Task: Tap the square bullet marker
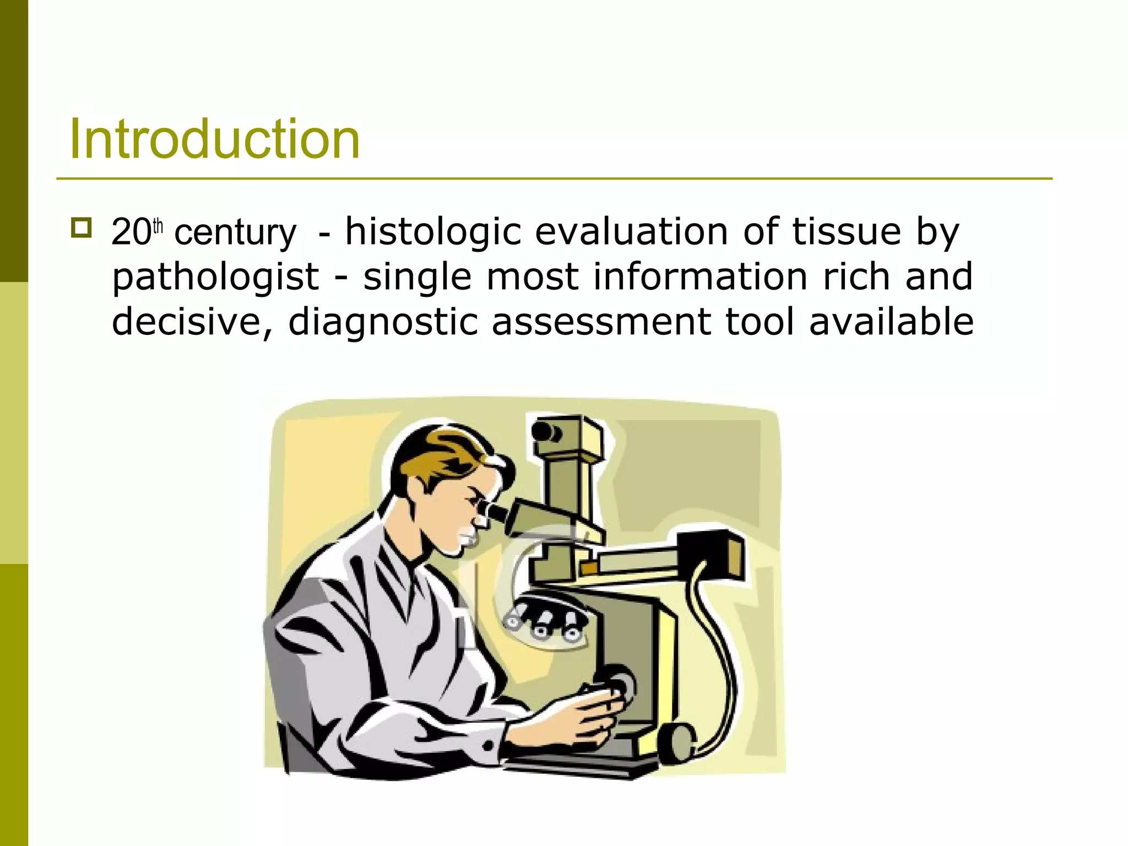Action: (81, 227)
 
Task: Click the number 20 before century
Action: (130, 232)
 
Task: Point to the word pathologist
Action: (215, 277)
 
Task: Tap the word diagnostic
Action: (383, 323)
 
